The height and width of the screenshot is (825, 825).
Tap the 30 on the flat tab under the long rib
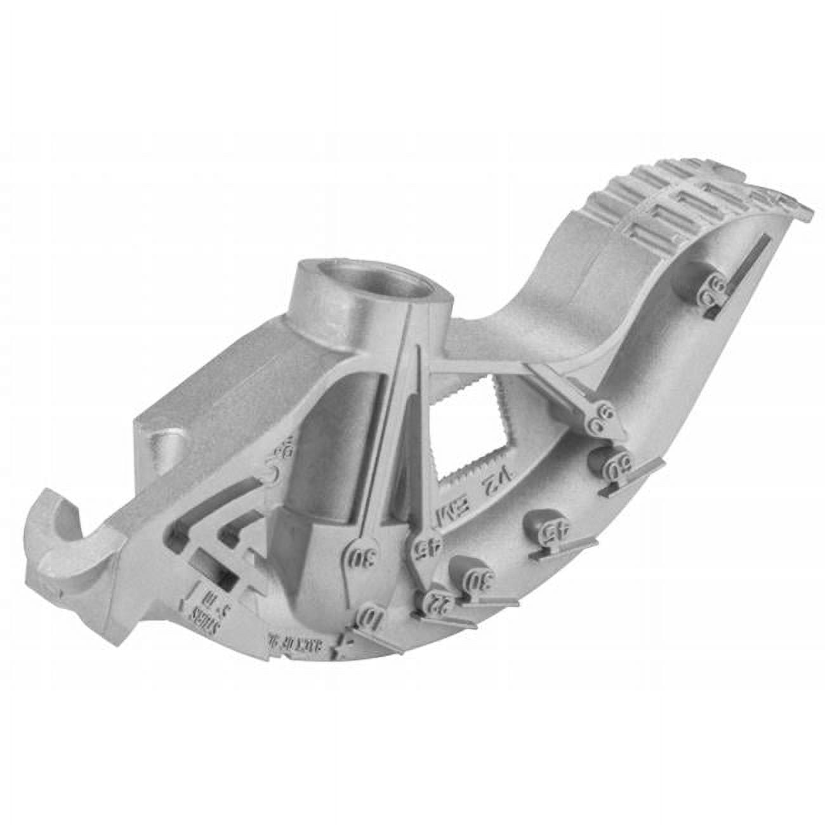pos(360,558)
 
